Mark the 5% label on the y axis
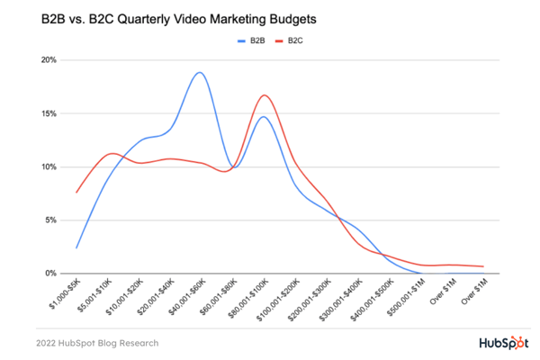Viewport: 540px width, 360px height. tap(51, 220)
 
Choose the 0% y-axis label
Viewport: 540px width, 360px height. tap(51, 273)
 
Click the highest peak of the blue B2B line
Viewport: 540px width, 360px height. tap(199, 72)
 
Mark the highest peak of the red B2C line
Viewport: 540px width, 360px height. tap(265, 95)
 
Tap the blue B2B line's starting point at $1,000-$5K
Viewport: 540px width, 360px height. tap(77, 247)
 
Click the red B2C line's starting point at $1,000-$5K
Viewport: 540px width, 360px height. tap(77, 192)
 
